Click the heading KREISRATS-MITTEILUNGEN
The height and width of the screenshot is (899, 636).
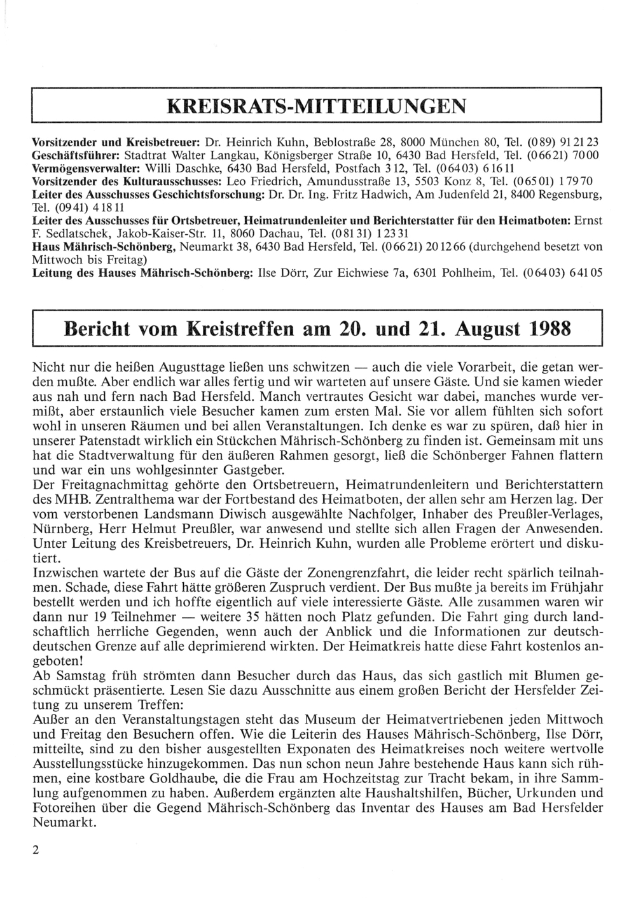point(316,106)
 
